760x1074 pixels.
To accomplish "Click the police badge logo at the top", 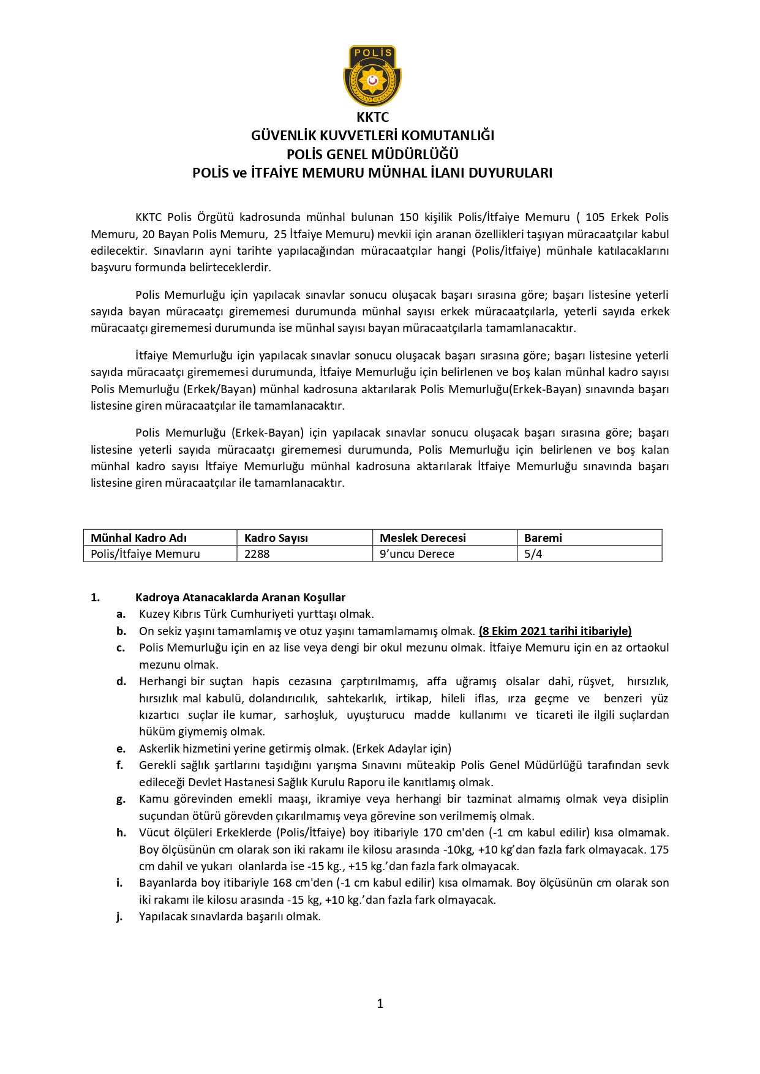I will [x=372, y=75].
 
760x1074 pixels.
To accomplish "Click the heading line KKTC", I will [x=372, y=117].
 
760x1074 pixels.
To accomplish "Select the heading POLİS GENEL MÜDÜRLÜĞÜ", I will [x=372, y=154].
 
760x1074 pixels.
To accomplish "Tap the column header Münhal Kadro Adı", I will [x=138, y=538].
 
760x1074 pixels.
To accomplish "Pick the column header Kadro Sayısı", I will [x=276, y=538].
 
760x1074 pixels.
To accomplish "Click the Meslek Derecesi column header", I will [x=423, y=538].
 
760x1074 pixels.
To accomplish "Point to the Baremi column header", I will [x=543, y=538].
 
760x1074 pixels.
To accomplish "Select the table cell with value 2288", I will [x=257, y=554].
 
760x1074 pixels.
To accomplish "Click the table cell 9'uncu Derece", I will [x=416, y=554].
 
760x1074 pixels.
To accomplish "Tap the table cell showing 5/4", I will [x=533, y=554].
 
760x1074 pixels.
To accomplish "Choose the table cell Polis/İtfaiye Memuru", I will [x=145, y=554].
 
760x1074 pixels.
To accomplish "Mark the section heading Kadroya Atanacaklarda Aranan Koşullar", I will [x=240, y=597].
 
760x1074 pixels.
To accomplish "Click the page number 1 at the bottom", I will [x=380, y=1003].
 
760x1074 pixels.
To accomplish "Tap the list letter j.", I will [x=119, y=917].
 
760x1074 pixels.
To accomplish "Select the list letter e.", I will [x=121, y=748].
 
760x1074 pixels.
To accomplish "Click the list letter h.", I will [x=121, y=832].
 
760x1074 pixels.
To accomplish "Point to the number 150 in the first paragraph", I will [x=409, y=217].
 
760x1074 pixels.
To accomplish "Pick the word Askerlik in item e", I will [x=159, y=748].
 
